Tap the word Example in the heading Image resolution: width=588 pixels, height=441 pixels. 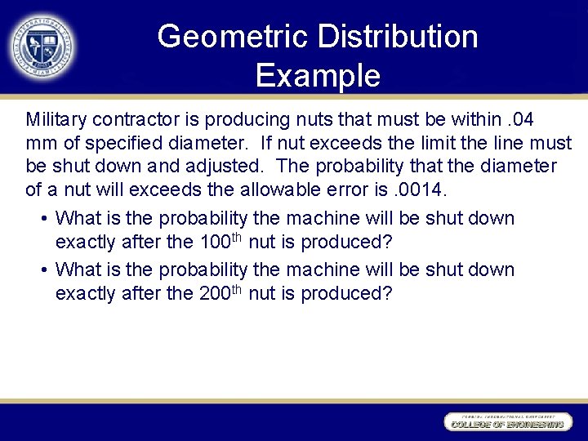point(318,75)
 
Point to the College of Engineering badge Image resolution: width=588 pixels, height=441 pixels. point(506,422)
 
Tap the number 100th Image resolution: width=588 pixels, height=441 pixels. point(220,242)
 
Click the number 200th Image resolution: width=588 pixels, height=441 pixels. point(220,292)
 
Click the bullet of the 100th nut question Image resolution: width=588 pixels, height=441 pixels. point(42,219)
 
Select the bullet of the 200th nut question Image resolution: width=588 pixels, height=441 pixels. point(42,269)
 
